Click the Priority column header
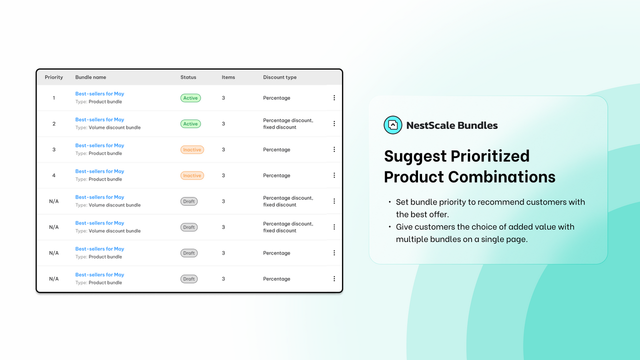click(x=54, y=77)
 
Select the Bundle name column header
click(x=90, y=77)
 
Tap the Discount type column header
click(x=279, y=77)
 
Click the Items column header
click(x=228, y=77)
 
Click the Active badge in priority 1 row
click(x=190, y=98)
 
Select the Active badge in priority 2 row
click(x=190, y=124)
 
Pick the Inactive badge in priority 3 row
click(x=192, y=149)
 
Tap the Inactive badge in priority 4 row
click(x=192, y=175)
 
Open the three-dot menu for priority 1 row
click(x=334, y=98)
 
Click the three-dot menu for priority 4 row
click(x=334, y=175)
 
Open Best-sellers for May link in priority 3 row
click(x=99, y=145)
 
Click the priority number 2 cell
click(x=54, y=124)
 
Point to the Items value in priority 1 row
click(x=223, y=98)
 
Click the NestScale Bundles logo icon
click(x=392, y=125)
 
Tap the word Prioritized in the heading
click(x=490, y=156)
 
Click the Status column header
click(x=188, y=77)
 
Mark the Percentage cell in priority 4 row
click(x=276, y=175)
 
